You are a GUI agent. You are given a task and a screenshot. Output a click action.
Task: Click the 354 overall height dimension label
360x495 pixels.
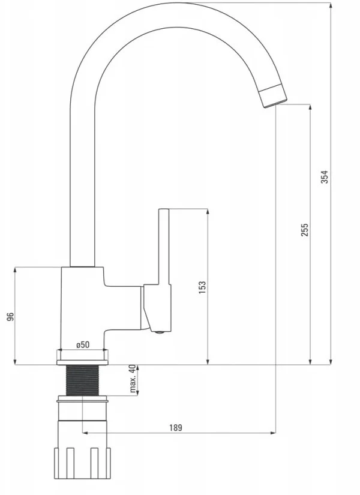coord(325,177)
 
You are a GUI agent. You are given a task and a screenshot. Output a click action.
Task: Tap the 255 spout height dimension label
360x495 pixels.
coord(304,230)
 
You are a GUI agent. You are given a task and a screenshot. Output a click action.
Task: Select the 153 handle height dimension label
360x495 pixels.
coord(202,287)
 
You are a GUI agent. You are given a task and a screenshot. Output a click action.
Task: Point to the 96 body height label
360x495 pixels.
coord(10,317)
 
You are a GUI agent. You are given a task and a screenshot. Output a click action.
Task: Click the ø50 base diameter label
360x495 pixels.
coord(83,345)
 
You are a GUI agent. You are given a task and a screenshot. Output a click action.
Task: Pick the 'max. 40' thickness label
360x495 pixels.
coord(133,379)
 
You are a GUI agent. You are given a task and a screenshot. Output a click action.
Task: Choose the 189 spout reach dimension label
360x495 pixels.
coord(176,427)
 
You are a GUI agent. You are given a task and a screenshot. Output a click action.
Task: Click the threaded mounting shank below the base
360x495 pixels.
coord(83,380)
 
